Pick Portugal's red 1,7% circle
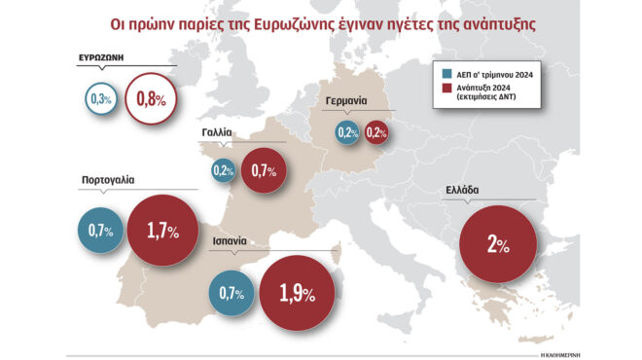(x=161, y=231)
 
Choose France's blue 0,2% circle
(x=224, y=170)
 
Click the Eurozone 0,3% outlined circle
(x=99, y=99)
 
